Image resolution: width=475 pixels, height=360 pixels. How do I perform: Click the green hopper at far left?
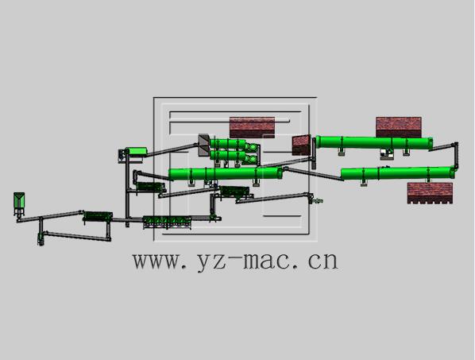19,200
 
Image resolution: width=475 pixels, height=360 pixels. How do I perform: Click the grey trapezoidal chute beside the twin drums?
203,144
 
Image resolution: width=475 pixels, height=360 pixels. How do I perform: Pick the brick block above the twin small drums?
252,127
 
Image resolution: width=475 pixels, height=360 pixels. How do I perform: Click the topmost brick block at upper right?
398,126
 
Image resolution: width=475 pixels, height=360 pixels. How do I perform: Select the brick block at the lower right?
430,193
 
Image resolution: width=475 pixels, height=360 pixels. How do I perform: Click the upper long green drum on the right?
373,143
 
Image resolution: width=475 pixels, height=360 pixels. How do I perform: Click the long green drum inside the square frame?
226,173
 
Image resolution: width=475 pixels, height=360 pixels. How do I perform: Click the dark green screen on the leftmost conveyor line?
98,214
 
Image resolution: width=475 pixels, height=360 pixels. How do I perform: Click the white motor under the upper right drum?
388,153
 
